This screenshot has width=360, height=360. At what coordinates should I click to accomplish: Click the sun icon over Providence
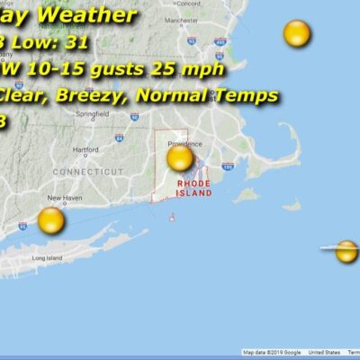180,158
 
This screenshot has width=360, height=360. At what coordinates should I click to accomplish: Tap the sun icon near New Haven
51,220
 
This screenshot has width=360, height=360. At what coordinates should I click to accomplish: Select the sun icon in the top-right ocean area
296,34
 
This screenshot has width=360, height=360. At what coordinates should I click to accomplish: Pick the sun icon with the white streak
346,251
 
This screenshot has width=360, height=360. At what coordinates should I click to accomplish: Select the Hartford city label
86,148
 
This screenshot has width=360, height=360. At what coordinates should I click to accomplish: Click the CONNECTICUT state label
87,171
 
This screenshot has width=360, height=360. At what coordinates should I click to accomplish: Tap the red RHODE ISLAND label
193,187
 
